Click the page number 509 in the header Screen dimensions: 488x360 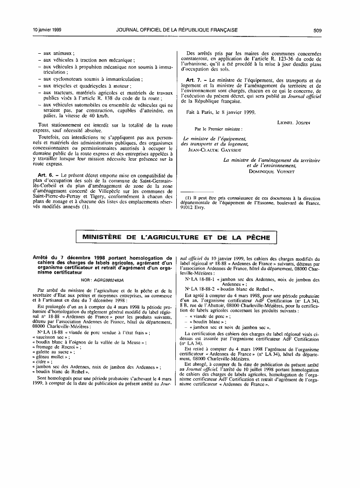(x=317, y=30)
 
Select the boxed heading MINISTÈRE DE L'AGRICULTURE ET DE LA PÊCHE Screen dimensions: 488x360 (x=176, y=238)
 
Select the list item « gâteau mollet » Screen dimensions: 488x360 (x=52, y=357)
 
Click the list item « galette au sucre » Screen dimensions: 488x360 (x=53, y=352)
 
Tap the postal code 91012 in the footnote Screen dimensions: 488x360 (x=189, y=208)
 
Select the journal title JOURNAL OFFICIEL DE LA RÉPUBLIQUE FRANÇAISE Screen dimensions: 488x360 (x=177, y=30)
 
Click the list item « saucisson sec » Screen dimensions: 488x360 (x=50, y=337)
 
